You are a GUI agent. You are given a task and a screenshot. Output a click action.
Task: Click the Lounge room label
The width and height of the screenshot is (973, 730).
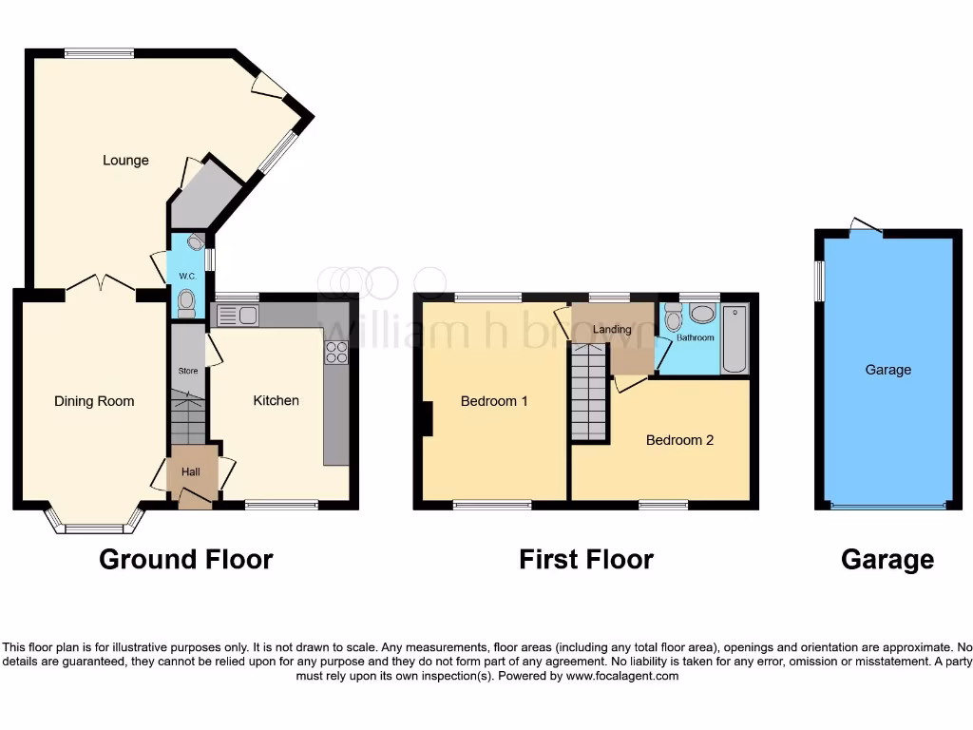tap(125, 161)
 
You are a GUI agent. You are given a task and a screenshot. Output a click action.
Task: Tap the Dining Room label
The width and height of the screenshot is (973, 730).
tap(94, 401)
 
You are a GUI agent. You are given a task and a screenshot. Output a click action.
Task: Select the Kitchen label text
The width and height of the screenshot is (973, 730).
tap(276, 401)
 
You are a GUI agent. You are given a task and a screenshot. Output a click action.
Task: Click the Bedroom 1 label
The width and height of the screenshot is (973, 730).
tap(494, 401)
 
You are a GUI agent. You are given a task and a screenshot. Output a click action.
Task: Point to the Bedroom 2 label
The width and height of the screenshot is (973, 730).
tap(679, 440)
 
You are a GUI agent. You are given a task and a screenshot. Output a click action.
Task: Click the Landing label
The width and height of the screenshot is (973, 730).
tap(612, 330)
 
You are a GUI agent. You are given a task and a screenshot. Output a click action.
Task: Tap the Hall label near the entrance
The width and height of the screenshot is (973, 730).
tap(190, 472)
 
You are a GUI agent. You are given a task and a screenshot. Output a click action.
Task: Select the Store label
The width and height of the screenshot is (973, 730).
tap(188, 371)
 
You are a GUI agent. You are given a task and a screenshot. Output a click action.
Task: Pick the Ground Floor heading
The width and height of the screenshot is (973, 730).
tap(186, 560)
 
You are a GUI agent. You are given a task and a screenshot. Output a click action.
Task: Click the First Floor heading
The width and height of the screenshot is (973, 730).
tap(585, 560)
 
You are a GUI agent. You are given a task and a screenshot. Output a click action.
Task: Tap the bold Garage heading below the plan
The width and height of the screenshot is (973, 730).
tap(887, 560)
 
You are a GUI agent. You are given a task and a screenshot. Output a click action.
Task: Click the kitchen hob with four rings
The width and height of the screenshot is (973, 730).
tap(336, 353)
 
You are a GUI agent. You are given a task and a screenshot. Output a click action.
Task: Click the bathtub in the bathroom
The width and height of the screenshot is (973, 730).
tap(735, 339)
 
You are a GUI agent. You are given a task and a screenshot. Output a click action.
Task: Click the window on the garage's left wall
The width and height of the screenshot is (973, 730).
tap(820, 281)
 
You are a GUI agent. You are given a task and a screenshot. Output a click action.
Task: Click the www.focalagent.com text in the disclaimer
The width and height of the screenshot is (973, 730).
tap(622, 677)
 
